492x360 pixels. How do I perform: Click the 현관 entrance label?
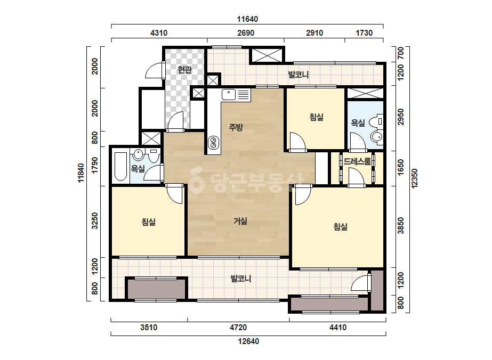(x=184, y=69)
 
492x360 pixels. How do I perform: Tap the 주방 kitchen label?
(x=236, y=127)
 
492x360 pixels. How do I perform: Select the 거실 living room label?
(x=240, y=221)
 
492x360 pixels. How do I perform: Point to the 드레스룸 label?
(x=357, y=161)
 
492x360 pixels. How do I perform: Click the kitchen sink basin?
(x=229, y=94)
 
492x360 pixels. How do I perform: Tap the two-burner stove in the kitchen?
(x=213, y=142)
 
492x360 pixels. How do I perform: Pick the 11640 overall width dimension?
(x=247, y=19)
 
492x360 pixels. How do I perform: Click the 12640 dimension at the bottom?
(x=248, y=341)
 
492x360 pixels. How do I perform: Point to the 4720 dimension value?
(x=238, y=328)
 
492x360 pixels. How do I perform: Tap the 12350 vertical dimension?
(x=415, y=178)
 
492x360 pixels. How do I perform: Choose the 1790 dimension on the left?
(x=94, y=165)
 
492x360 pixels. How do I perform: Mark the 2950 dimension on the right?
(x=401, y=117)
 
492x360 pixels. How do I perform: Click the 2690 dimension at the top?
(x=246, y=33)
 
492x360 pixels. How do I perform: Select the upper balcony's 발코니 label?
(x=299, y=75)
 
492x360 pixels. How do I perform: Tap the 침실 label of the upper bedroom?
(x=316, y=117)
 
